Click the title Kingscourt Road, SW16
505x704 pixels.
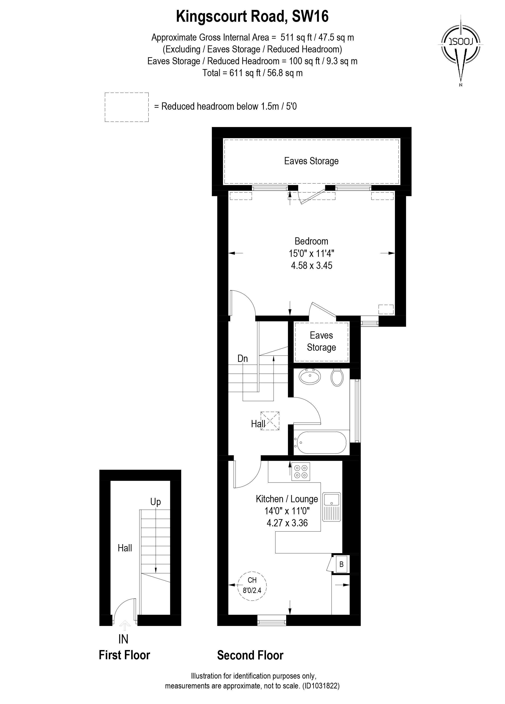point(252,16)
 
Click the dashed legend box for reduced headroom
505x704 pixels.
point(127,107)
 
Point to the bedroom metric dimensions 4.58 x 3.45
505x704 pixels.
point(311,265)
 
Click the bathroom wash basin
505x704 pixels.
point(309,377)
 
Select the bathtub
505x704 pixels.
point(321,442)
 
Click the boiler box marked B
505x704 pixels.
point(341,564)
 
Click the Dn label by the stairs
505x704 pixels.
point(242,359)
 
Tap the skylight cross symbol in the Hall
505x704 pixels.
point(270,421)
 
